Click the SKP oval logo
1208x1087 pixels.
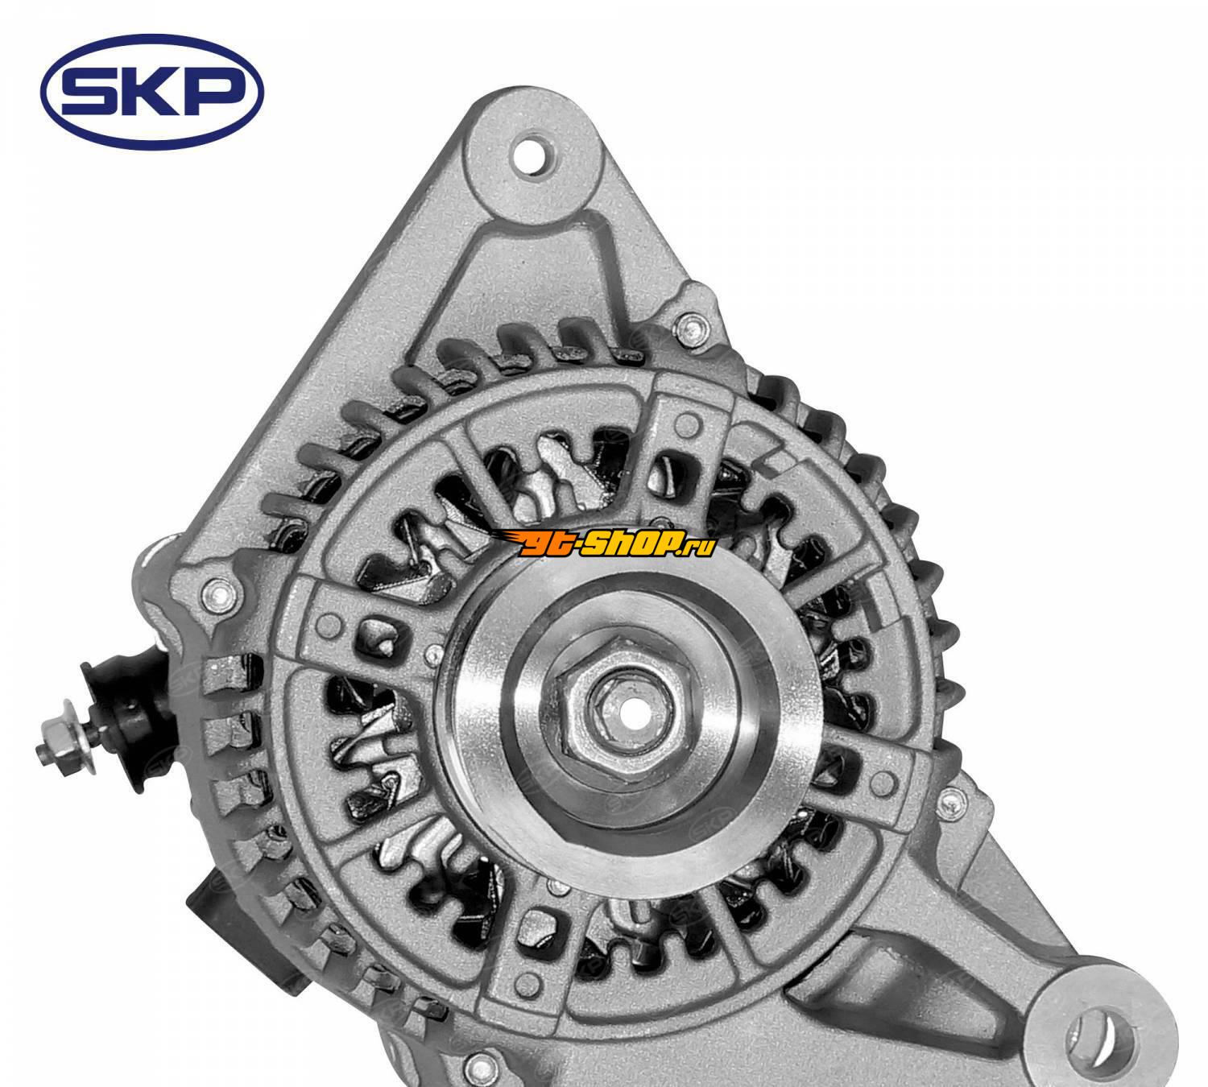[x=151, y=92]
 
